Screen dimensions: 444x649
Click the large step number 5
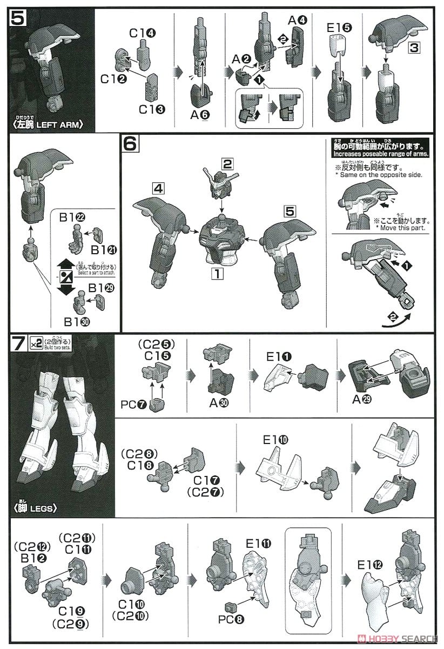pyautogui.click(x=17, y=18)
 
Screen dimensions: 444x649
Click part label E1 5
pyautogui.click(x=339, y=25)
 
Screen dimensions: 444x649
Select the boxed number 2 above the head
pyautogui.click(x=227, y=163)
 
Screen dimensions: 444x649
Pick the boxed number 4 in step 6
pyautogui.click(x=159, y=189)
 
